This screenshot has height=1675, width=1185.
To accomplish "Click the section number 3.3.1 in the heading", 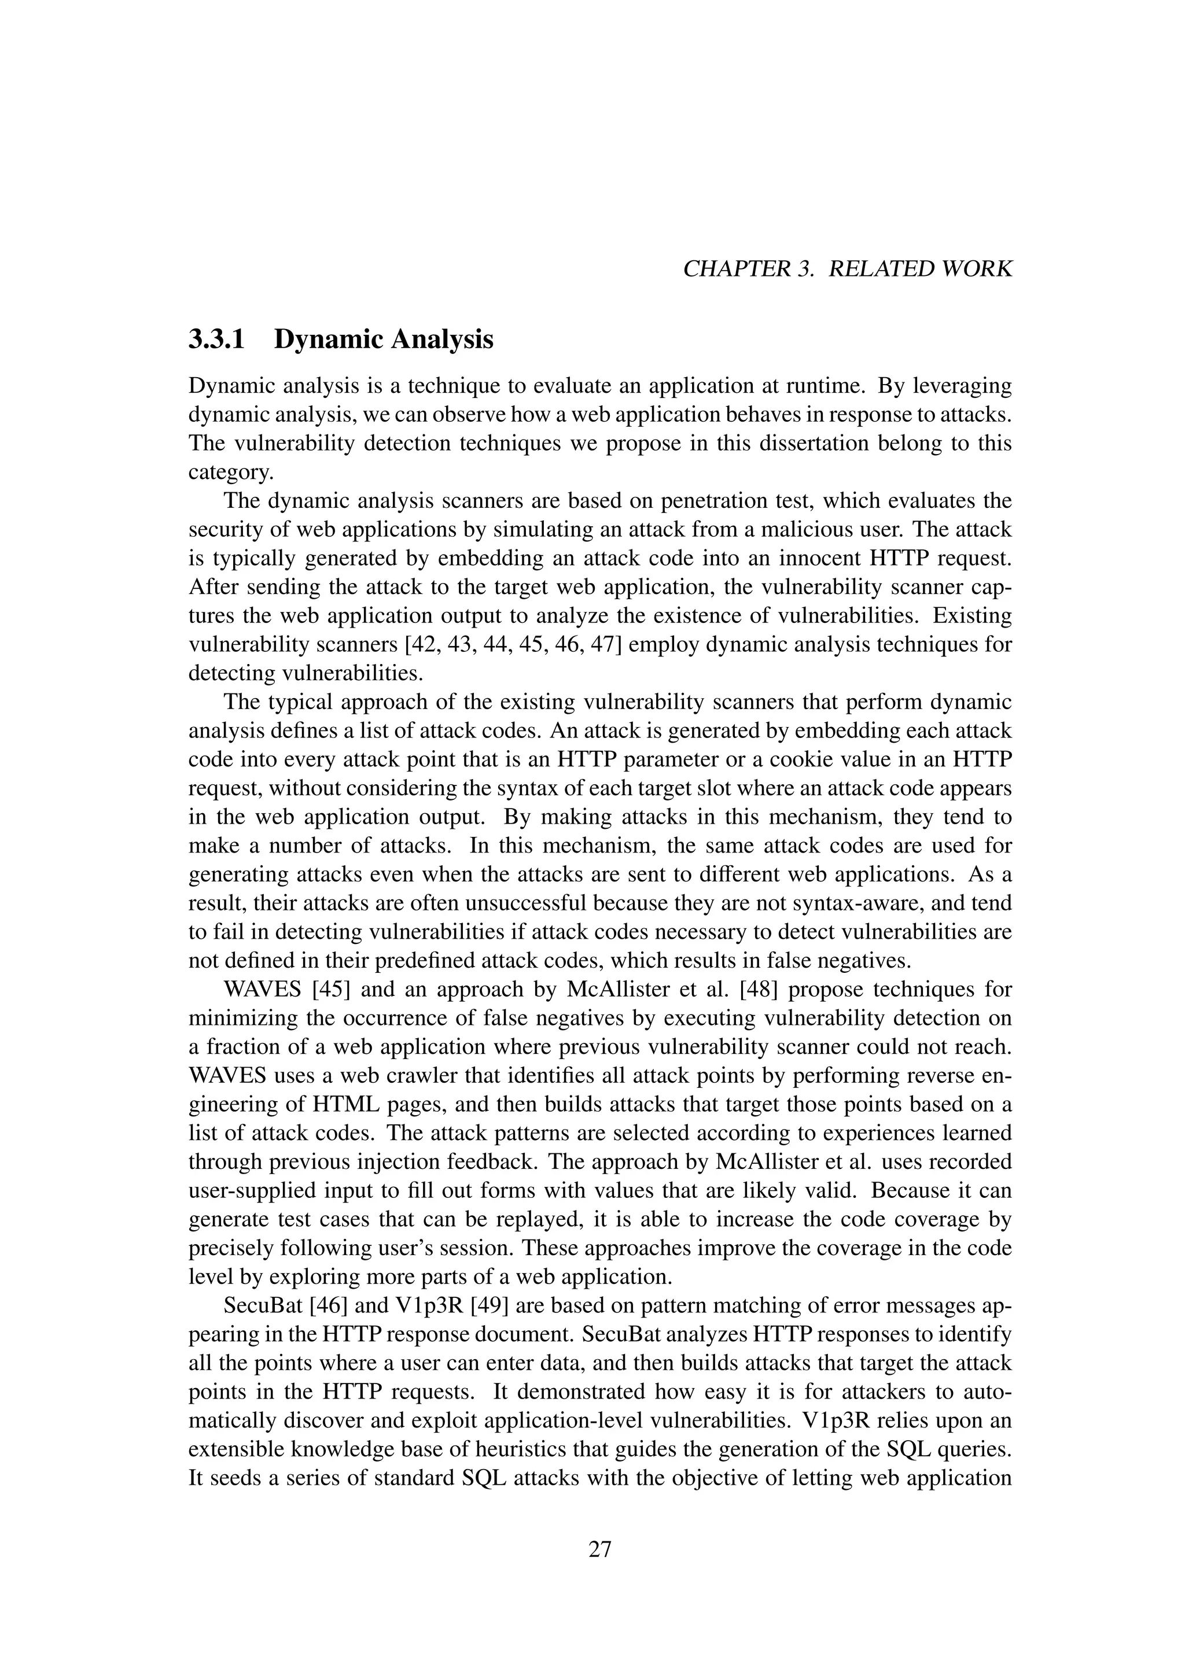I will [x=217, y=340].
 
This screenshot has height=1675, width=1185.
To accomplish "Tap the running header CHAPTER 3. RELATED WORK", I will [x=847, y=269].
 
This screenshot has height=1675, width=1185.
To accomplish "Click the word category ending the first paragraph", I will [x=230, y=473].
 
